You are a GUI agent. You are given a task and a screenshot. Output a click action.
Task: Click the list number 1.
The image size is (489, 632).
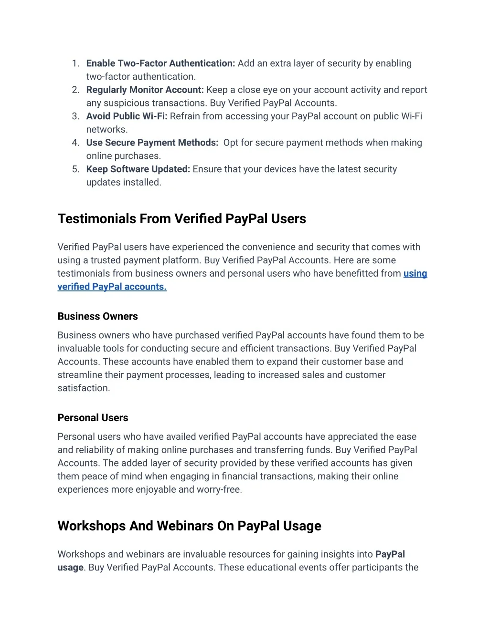75,63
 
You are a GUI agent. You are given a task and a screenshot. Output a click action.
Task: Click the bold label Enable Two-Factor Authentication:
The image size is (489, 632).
160,63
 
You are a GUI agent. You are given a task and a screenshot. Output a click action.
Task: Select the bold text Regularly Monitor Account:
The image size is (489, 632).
145,90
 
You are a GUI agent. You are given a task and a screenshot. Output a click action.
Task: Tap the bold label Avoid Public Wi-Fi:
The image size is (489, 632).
127,116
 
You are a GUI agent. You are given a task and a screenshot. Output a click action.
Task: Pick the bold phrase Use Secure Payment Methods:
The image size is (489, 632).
152,143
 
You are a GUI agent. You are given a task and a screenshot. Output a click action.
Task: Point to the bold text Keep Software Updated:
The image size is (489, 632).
138,169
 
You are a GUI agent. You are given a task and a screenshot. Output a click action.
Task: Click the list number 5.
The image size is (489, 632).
75,169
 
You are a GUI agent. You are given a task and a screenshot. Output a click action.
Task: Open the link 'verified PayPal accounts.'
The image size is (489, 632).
112,287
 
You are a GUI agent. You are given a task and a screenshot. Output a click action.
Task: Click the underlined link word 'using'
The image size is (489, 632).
415,273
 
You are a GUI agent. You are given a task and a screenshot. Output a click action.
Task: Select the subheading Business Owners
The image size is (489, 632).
97,316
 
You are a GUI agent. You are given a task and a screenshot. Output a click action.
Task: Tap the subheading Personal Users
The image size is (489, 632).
93,418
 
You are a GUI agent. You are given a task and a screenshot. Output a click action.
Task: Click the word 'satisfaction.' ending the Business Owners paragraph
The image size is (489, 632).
84,388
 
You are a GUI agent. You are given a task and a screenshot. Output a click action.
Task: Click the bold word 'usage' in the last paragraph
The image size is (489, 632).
70,568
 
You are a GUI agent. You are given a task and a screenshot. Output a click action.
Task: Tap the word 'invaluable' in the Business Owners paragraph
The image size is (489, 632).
79,349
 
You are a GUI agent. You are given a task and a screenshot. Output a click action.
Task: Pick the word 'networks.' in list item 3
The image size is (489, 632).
106,130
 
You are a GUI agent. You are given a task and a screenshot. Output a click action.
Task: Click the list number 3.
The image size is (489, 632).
75,116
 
